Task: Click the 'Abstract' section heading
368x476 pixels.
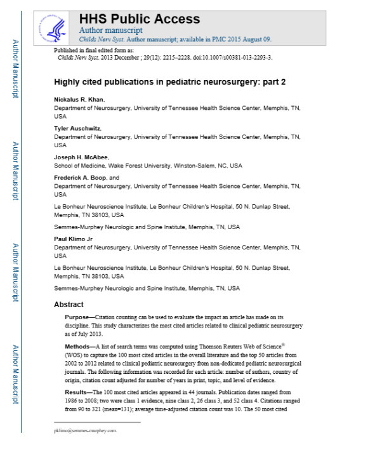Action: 69,305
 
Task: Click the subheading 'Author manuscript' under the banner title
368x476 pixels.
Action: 110,30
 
